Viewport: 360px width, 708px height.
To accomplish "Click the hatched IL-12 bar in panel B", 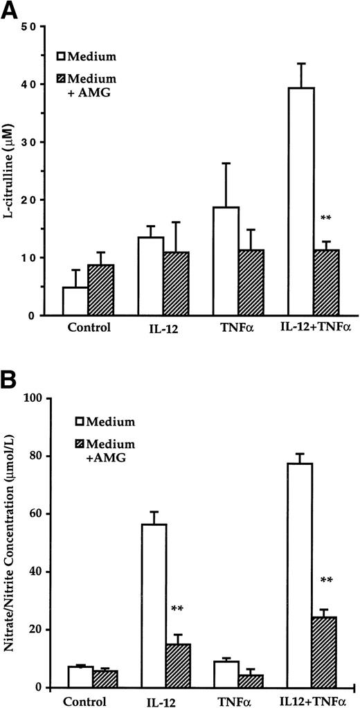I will click(x=178, y=666).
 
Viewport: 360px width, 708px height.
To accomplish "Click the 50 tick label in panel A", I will click(x=29, y=27).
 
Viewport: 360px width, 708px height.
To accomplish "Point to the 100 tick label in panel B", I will click(x=34, y=398).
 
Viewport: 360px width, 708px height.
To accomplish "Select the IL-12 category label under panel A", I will click(x=165, y=328).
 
